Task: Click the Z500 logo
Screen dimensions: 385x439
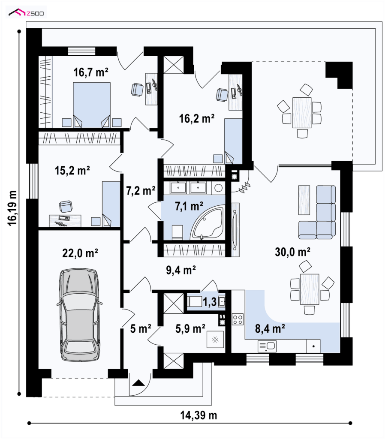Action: tap(26, 12)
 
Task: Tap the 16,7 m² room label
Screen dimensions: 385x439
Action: tap(91, 72)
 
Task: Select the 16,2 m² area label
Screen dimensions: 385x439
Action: tap(196, 118)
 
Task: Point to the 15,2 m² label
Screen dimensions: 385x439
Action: tap(72, 170)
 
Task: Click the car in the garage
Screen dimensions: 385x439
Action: tap(79, 314)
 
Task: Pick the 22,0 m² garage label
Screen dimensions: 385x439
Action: tap(80, 253)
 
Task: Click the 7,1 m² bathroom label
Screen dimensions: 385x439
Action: tap(189, 206)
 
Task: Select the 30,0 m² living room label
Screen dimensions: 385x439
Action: tap(292, 252)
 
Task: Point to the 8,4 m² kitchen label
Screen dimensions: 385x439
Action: tap(270, 328)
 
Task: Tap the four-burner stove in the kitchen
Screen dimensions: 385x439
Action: tap(238, 319)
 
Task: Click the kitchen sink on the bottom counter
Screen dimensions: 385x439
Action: tap(267, 346)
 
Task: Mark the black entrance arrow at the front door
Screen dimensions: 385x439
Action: tap(138, 383)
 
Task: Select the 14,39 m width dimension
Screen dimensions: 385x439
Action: tap(199, 415)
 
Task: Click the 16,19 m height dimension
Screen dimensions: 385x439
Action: tap(12, 208)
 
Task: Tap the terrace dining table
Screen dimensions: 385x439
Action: tap(302, 113)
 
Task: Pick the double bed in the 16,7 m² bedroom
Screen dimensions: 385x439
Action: tap(92, 105)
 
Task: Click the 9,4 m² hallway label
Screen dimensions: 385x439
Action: tap(181, 270)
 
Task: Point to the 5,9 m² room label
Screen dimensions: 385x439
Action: tap(190, 328)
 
